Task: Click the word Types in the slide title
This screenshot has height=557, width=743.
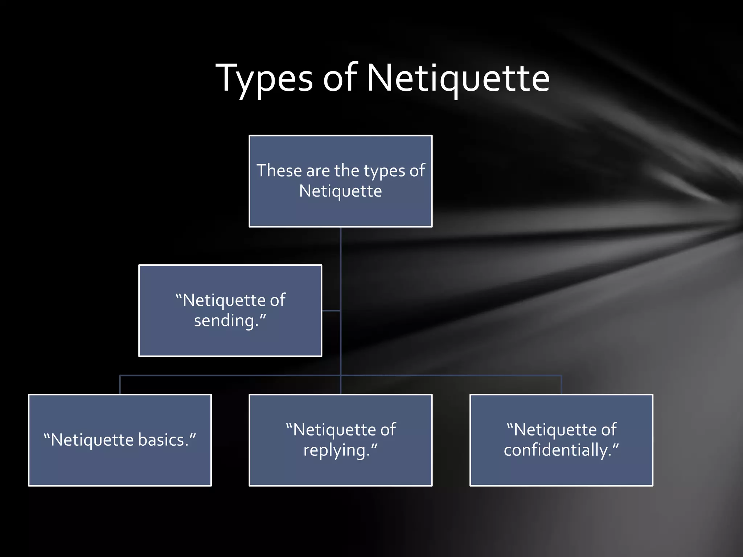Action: click(264, 78)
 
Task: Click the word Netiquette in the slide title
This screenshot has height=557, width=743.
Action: click(458, 78)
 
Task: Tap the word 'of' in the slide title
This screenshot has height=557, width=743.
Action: click(340, 78)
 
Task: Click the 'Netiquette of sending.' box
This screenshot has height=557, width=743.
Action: click(230, 341)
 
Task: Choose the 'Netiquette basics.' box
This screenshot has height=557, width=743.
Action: click(120, 468)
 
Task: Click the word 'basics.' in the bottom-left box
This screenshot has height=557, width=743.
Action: click(167, 440)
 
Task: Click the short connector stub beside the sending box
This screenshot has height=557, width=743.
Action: click(331, 311)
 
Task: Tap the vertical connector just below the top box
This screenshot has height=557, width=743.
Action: click(340, 247)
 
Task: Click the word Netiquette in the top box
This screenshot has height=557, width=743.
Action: click(340, 191)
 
